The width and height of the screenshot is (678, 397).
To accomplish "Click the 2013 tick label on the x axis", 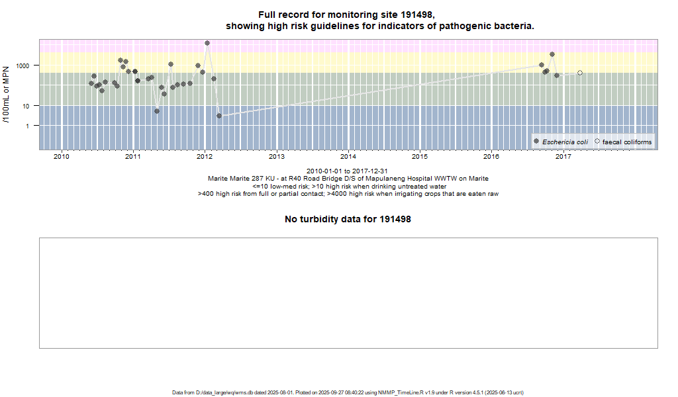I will [x=276, y=157].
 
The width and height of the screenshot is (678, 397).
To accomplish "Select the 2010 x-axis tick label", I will [x=62, y=157].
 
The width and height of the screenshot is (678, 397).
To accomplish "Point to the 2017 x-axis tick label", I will [x=563, y=157].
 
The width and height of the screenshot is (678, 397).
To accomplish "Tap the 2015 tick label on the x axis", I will [x=420, y=157].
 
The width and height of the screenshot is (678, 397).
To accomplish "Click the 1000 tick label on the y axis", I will [x=23, y=66].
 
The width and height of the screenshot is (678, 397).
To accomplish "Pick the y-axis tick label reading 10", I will [x=27, y=106].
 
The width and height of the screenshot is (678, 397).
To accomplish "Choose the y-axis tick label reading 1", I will [x=29, y=126].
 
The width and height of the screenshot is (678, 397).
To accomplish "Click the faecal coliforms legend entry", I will [x=626, y=142].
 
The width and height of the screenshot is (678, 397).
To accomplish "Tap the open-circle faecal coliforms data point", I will [x=580, y=73].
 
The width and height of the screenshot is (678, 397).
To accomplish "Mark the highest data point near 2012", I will [x=207, y=43].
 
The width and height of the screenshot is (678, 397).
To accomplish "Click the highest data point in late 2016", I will [x=552, y=54].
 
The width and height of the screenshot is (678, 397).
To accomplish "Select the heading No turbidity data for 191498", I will [x=348, y=219].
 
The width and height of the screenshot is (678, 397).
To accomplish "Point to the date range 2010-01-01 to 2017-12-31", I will [x=348, y=171].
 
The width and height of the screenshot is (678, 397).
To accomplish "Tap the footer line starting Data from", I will [x=348, y=392].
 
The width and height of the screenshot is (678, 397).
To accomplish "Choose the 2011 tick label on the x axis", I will [x=133, y=157].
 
